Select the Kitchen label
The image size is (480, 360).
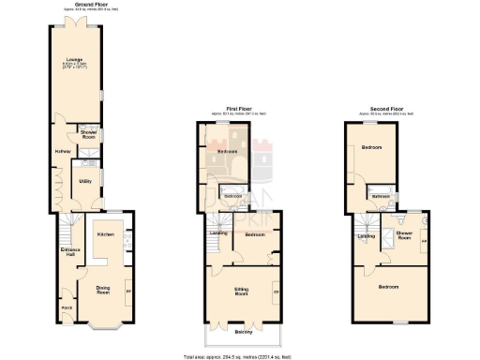click(105, 234)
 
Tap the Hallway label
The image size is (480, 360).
click(63, 152)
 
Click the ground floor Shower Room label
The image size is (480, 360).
click(88, 135)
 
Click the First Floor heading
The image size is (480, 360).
click(239, 110)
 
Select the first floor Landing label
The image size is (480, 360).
click(218, 232)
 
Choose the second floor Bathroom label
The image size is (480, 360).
click(381, 197)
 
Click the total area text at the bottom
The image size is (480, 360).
click(239, 355)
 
